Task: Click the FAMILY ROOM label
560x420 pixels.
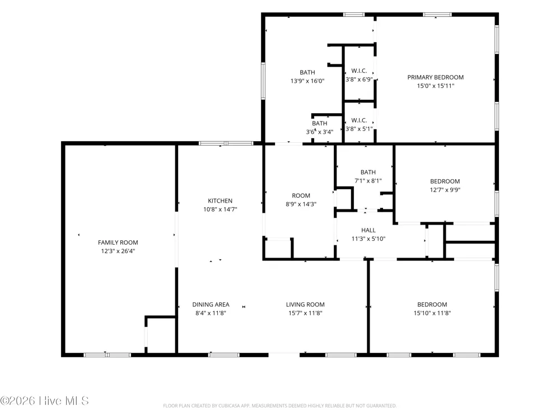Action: [118, 242]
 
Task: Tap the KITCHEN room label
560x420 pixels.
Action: [220, 200]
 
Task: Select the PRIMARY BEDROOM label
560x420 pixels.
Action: [435, 77]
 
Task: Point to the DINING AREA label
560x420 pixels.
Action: [211, 305]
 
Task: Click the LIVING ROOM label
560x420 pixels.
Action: [305, 305]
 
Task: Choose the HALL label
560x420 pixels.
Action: [368, 230]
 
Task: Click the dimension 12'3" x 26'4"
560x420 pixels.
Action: [118, 251]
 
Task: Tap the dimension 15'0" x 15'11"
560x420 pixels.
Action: [436, 86]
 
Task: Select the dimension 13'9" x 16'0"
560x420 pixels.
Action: [307, 81]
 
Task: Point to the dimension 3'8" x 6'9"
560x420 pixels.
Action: [359, 80]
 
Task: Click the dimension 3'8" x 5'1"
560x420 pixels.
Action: [359, 129]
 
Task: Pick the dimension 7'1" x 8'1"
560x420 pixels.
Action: [368, 181]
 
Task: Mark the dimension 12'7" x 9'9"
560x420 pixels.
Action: [445, 190]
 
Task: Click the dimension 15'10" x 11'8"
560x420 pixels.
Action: [432, 313]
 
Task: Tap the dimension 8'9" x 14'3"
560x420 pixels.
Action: [301, 204]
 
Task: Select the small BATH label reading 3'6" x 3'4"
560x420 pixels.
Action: [320, 123]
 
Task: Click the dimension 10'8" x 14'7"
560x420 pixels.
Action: [220, 209]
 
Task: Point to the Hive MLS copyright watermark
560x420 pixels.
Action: [44, 401]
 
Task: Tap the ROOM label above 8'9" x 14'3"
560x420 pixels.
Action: [301, 195]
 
